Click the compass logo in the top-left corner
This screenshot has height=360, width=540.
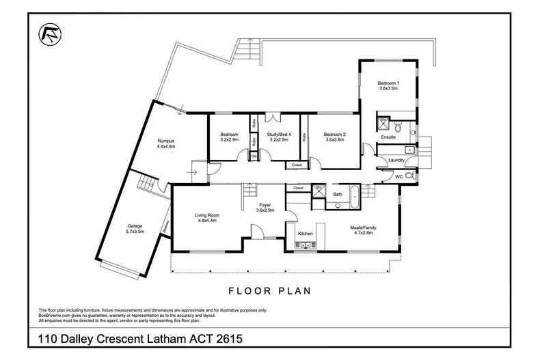49,32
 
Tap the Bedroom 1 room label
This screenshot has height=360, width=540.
388,83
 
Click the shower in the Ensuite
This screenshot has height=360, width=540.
383,126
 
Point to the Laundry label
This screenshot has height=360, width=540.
396,161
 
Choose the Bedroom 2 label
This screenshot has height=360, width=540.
334,134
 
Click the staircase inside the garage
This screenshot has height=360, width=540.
145,182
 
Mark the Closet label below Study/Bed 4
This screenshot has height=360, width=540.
296,165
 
